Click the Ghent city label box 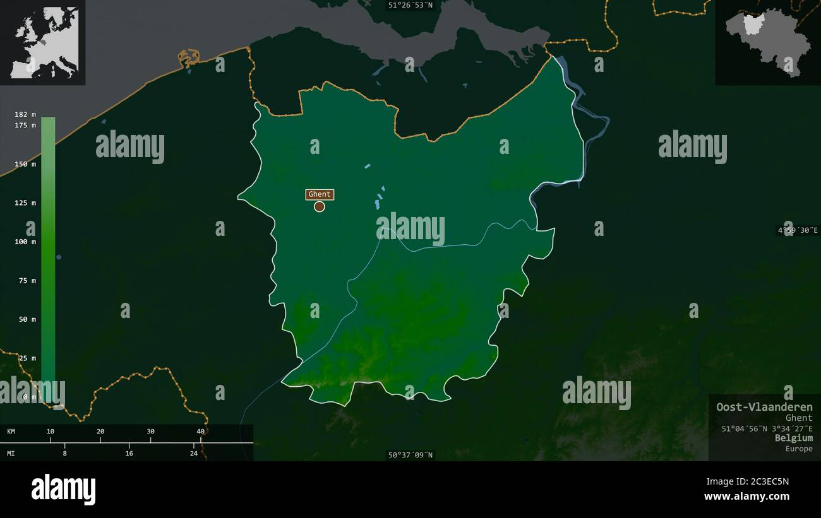point(320,194)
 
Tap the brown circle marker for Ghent point(320,206)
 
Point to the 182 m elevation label point(25,114)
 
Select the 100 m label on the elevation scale point(25,242)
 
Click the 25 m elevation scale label point(27,358)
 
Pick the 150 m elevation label point(25,164)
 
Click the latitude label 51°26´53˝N point(411,5)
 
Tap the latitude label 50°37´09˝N point(411,455)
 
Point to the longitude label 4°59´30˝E point(798,230)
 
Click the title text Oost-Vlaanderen point(764,407)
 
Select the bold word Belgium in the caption point(794,438)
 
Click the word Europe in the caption point(799,449)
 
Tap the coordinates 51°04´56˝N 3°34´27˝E point(767,428)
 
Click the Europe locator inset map point(43,42)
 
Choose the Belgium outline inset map point(767,42)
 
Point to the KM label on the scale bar point(11,432)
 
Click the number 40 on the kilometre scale point(201,432)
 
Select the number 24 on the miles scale point(194,453)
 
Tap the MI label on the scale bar point(11,453)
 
